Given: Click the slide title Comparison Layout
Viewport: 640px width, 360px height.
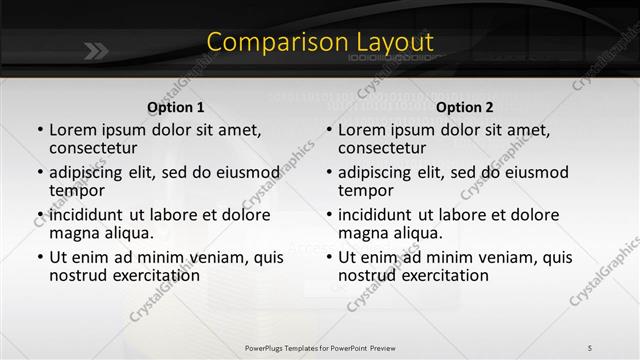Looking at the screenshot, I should (x=320, y=42).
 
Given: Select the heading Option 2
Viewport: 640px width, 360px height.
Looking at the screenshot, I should (x=465, y=106).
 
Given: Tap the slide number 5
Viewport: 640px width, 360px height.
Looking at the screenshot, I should (x=590, y=347).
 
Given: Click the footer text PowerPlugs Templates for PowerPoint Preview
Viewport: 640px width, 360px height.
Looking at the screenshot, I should (x=320, y=347).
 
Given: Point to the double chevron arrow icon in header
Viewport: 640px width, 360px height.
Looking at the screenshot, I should (x=96, y=50).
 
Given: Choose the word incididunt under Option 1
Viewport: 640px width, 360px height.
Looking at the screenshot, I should (x=93, y=215).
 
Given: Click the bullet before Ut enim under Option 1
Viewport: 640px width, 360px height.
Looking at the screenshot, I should (x=39, y=258).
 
